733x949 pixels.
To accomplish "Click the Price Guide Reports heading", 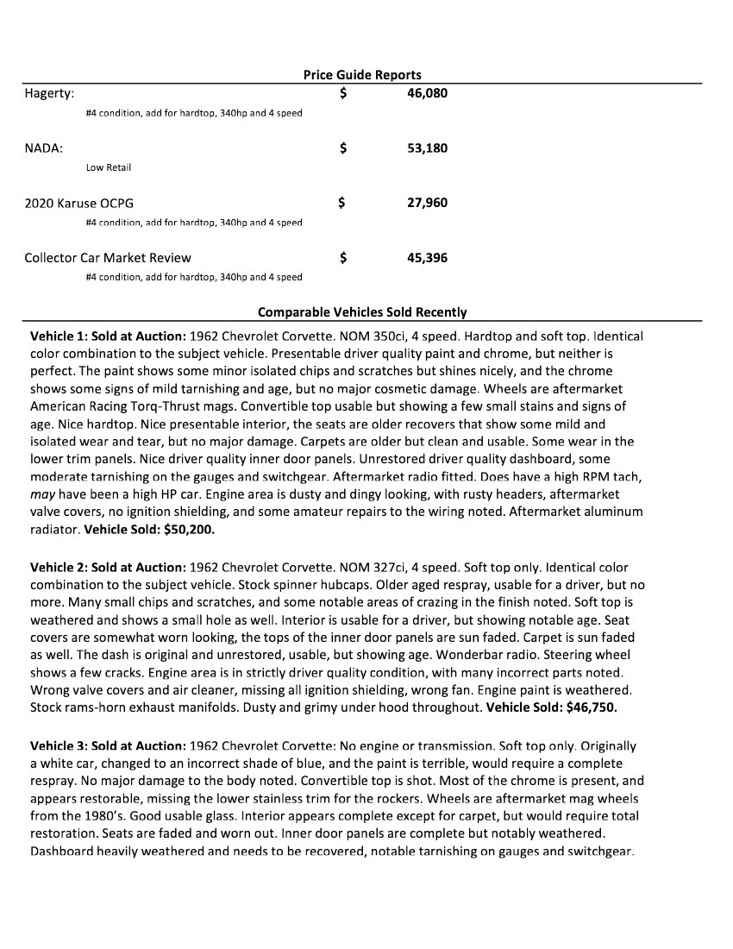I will click(362, 75).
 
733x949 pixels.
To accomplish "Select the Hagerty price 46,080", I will click(427, 92).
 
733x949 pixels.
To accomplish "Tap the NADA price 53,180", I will click(427, 148).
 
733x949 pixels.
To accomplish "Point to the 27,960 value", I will click(427, 203).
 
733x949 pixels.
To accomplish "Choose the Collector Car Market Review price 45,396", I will click(427, 257).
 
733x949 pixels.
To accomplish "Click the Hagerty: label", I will click(49, 92).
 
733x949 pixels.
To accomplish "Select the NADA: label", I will click(43, 148).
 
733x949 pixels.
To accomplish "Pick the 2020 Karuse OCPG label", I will click(78, 203).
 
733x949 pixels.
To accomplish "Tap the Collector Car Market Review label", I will click(108, 257).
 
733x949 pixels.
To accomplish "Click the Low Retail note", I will click(108, 167).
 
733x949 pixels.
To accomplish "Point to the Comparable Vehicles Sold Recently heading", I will click(362, 312).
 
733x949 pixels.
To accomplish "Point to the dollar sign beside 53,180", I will click(343, 148).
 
